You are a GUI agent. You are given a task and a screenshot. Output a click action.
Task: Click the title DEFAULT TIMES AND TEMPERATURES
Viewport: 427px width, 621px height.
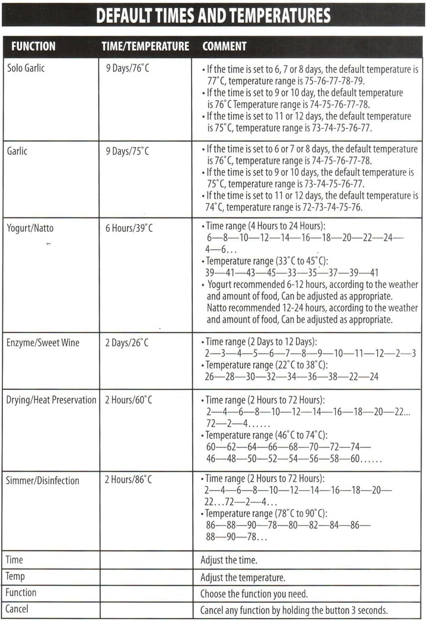click(213, 15)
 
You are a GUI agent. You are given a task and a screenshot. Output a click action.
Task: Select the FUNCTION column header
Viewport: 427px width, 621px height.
click(33, 46)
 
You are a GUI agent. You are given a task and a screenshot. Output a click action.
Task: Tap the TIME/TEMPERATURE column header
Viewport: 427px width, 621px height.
click(145, 46)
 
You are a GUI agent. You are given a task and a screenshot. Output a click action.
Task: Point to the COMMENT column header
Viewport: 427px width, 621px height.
click(225, 46)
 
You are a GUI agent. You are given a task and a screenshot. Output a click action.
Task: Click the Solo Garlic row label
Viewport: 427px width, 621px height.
click(26, 68)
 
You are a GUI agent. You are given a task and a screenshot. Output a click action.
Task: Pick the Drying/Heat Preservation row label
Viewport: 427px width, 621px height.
click(51, 400)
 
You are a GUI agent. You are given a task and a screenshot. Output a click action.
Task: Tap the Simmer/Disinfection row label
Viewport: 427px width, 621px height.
click(42, 480)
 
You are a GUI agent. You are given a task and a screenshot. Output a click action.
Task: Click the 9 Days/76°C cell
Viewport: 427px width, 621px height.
click(128, 68)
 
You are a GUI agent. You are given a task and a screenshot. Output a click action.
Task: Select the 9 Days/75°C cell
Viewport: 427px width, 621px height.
click(128, 151)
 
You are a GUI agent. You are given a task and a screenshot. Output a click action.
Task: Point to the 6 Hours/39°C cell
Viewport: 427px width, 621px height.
click(129, 228)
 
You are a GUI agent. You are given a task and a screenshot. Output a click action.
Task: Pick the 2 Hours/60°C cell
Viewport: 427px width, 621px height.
click(128, 400)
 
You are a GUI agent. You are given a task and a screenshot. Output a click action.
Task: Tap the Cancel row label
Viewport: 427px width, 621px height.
click(17, 609)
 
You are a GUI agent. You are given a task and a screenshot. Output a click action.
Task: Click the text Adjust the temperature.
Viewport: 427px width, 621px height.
click(243, 577)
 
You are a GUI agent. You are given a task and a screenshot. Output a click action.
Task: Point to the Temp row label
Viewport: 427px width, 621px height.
click(15, 576)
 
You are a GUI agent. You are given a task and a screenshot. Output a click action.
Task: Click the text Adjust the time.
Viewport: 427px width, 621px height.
click(228, 559)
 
